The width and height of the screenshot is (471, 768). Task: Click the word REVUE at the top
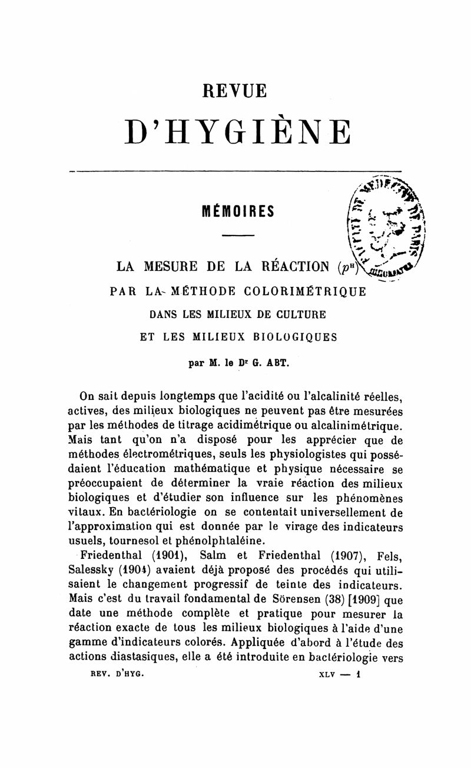pyautogui.click(x=235, y=91)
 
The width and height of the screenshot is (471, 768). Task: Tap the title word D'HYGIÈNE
pyautogui.click(x=237, y=132)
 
